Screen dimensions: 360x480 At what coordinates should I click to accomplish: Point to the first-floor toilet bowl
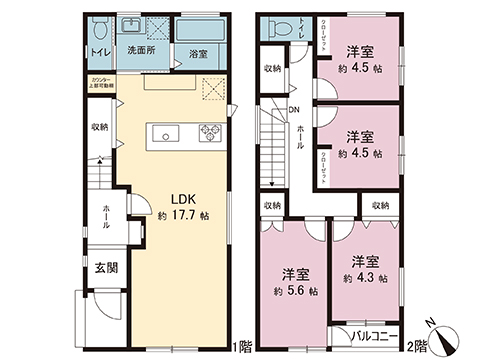pos(97,26)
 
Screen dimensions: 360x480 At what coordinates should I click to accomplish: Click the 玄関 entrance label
pos(107,267)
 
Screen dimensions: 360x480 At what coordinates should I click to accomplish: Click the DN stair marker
pos(295,111)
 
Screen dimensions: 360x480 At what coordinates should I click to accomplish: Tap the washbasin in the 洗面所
pos(131,25)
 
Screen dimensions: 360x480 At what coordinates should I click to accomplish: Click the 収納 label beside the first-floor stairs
pos(98,128)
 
